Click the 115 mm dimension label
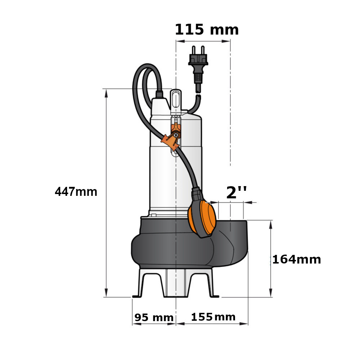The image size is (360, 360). pyautogui.click(x=207, y=30)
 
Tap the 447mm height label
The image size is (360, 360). pyautogui.click(x=76, y=192)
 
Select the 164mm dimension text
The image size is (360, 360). pyautogui.click(x=296, y=260)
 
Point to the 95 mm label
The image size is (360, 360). pyautogui.click(x=154, y=317)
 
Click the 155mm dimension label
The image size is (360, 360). pyautogui.click(x=213, y=317)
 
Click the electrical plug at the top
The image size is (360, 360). pyautogui.click(x=198, y=69)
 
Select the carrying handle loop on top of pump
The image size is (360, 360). pyautogui.click(x=176, y=101)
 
